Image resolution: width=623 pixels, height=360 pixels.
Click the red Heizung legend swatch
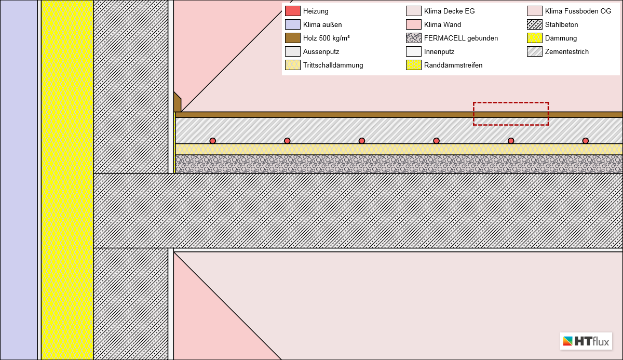pos(293,11)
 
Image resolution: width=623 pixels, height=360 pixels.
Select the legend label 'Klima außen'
pos(322,24)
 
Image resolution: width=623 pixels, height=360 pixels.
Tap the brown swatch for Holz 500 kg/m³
pos(293,38)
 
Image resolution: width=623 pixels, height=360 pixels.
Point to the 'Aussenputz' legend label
pos(321,51)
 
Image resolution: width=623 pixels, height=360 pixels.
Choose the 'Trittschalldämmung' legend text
pos(333,65)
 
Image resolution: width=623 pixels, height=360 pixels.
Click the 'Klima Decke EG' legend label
pos(449,11)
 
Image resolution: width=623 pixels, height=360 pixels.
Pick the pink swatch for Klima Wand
pos(414,24)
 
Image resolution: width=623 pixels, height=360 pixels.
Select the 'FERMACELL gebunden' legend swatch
pos(414,38)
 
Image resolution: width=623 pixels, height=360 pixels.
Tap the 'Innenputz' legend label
pos(439,51)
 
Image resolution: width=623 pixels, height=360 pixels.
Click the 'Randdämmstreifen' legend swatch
pos(414,65)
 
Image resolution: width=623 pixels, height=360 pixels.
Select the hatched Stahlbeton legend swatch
pos(535,24)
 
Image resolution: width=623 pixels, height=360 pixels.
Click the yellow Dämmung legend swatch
pos(535,38)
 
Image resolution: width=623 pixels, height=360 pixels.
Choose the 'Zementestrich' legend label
pos(566,51)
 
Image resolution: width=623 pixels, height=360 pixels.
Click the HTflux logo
pos(586,341)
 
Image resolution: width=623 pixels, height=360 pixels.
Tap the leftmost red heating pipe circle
pos(213,141)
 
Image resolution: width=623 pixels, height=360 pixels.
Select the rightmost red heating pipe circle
pos(586,141)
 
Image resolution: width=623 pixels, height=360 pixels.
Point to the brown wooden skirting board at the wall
pos(177,103)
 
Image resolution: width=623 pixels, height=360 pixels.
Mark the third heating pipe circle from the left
pos(362,141)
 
